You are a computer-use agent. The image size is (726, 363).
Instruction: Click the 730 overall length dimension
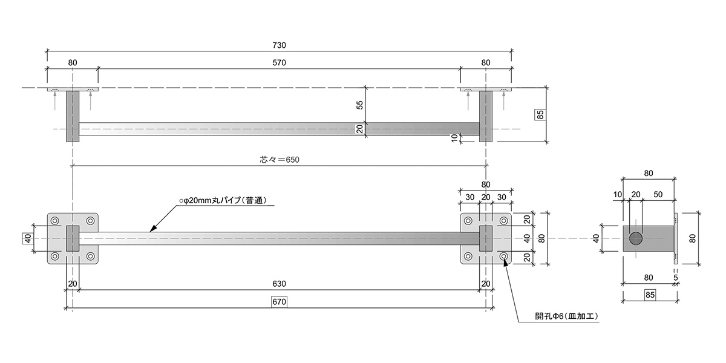pos(279,45)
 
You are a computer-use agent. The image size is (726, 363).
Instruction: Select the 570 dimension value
pos(279,62)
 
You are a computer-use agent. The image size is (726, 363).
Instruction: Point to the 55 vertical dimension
pos(359,105)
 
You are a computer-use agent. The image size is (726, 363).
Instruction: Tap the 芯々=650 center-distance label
pos(280,160)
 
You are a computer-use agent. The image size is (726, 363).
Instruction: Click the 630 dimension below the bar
pos(279,283)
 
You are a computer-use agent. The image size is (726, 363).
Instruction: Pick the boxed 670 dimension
pos(279,301)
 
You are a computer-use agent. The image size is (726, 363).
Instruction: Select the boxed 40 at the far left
pos(27,238)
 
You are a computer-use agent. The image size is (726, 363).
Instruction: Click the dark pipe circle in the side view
pos(636,238)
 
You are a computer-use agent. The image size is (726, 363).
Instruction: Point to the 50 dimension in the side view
pos(659,194)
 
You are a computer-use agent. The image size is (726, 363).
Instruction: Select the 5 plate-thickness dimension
pos(676,278)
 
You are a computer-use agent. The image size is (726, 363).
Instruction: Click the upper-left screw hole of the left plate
pos(55,221)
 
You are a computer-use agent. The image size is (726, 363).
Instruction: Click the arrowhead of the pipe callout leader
pos(152,229)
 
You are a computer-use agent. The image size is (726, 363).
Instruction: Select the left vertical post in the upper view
pos(73,116)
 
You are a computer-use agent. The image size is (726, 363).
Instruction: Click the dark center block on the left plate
pos(73,238)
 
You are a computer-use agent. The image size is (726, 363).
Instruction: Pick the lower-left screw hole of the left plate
pos(55,257)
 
